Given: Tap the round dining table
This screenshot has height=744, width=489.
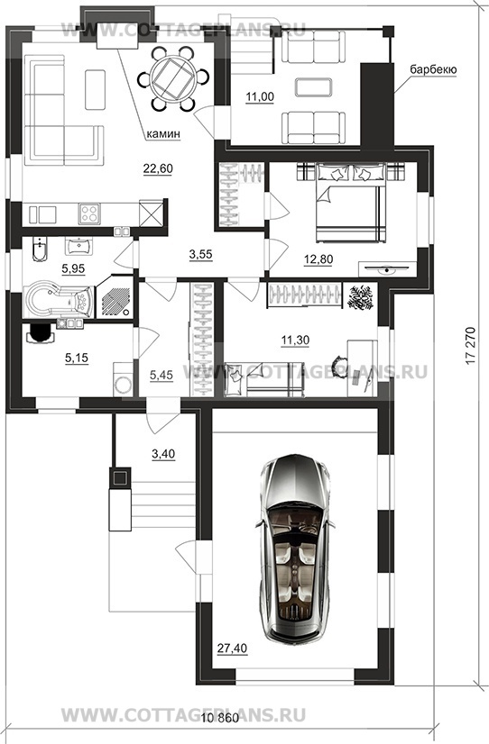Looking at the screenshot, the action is point(172,77).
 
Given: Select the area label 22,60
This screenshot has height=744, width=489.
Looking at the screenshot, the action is point(158,168).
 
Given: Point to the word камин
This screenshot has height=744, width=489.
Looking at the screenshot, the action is point(163,134).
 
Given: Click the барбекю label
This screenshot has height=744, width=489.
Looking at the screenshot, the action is point(433,69).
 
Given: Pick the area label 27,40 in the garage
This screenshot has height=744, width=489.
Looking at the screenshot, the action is point(233,649).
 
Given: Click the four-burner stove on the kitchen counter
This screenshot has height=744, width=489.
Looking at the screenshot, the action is point(88,213).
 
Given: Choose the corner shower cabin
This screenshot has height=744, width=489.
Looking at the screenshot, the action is point(115,296).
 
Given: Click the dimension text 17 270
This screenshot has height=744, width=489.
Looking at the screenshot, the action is point(470,346).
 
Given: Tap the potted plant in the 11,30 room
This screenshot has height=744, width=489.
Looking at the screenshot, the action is point(360,297).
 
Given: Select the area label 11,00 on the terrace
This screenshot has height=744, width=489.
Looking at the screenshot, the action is point(260,96).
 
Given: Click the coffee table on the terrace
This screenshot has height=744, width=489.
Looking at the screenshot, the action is point(314,87).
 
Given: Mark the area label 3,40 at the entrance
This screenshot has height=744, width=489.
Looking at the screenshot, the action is point(163,454).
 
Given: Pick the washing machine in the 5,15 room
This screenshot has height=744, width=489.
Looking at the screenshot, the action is point(124,379).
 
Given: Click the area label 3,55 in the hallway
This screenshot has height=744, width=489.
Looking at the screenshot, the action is point(200,255).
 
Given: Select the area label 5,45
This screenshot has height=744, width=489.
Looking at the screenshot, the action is point(161,376).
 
